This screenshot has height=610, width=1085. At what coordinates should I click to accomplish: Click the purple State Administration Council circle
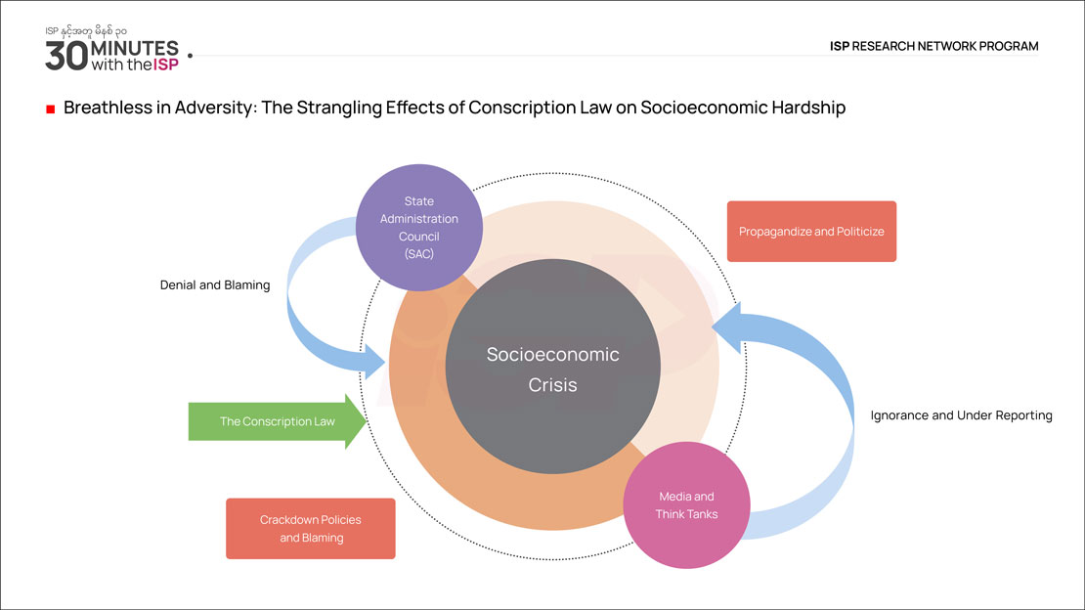click(x=419, y=227)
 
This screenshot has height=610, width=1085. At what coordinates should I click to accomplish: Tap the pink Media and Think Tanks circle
click(x=685, y=504)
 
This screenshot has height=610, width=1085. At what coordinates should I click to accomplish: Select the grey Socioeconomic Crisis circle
click(x=552, y=368)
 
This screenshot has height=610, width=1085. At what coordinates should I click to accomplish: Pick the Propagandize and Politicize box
click(x=811, y=232)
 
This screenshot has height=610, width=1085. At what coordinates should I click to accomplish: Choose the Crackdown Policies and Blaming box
click(x=310, y=529)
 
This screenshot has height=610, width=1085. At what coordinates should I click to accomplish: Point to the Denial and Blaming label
click(x=215, y=285)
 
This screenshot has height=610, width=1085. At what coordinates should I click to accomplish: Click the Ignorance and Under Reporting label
click(x=961, y=415)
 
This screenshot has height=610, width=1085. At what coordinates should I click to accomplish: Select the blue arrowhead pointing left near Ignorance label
click(x=728, y=327)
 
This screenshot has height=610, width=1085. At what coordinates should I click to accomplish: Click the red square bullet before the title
click(x=50, y=109)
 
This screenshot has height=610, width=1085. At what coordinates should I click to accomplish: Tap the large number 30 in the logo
click(x=66, y=56)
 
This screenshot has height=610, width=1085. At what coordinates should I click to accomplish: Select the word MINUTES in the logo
click(x=135, y=48)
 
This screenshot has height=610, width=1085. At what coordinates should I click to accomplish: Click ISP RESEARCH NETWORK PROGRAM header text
click(x=933, y=46)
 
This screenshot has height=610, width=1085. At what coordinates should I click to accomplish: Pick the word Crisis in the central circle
click(x=552, y=385)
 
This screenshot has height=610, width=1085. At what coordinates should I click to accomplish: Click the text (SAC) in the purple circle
click(x=418, y=253)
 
